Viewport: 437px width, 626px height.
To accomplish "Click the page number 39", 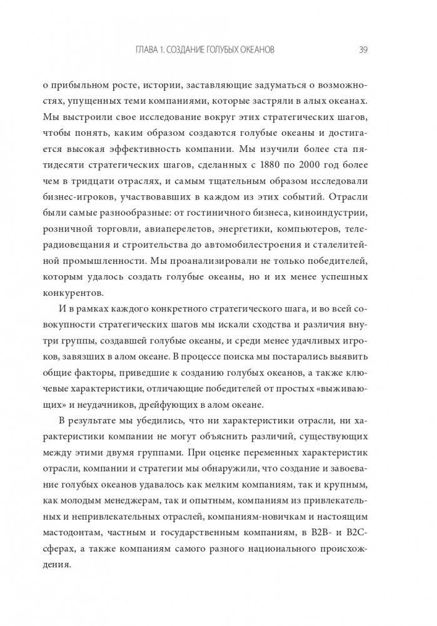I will [x=363, y=50].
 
